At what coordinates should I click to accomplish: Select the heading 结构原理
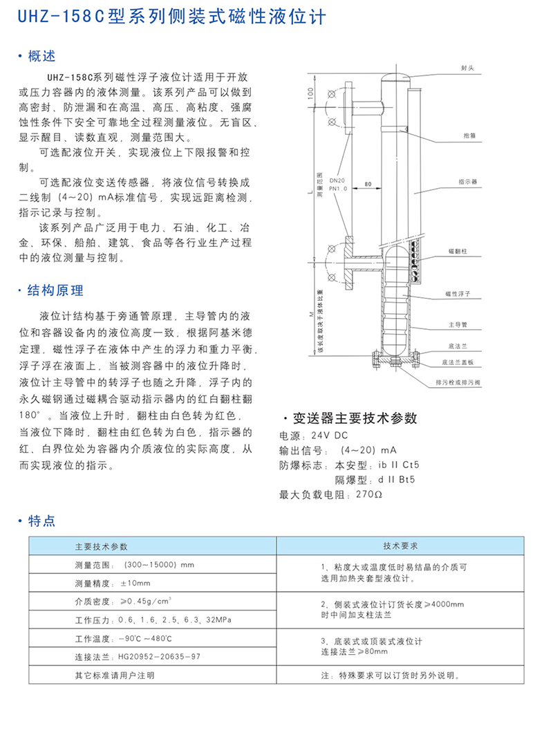[x=54, y=290]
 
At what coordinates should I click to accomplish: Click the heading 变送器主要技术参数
[x=355, y=419]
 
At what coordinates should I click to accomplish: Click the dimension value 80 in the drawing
[x=367, y=184]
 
